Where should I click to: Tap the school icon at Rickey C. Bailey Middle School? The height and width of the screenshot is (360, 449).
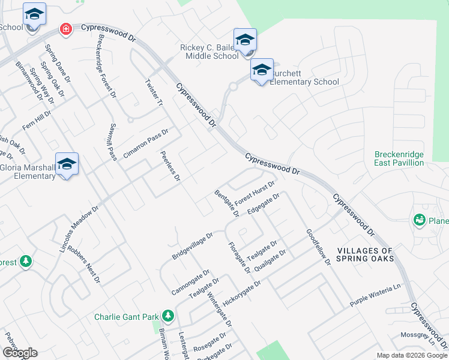[x=245, y=41]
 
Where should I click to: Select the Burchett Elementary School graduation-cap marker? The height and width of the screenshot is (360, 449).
[x=262, y=71]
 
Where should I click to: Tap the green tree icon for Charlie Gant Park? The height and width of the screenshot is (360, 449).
[x=168, y=316]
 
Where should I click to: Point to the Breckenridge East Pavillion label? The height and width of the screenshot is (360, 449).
[x=399, y=158]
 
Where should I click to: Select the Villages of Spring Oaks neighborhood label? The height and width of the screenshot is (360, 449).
[x=365, y=254]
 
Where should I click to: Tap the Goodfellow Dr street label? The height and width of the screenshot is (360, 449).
[x=318, y=247]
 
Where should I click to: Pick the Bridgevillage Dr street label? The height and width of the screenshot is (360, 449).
[x=193, y=247]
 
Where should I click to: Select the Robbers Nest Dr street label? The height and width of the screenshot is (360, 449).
[x=83, y=264]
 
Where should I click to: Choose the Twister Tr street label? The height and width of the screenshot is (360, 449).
[x=155, y=92]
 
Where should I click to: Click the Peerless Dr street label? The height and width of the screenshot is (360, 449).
[x=170, y=166]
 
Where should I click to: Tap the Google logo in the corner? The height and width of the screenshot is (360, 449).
[x=20, y=353]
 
